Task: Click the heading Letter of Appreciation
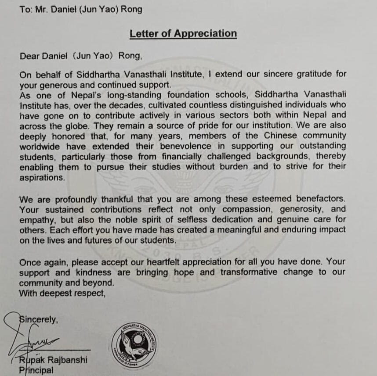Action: point(183,34)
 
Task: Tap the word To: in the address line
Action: point(26,9)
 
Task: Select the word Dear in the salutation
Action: point(29,56)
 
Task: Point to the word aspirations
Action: point(42,177)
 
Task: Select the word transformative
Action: point(249,272)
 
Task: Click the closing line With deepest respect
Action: point(62,293)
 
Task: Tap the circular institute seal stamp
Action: point(134,345)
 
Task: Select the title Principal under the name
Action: point(36,370)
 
